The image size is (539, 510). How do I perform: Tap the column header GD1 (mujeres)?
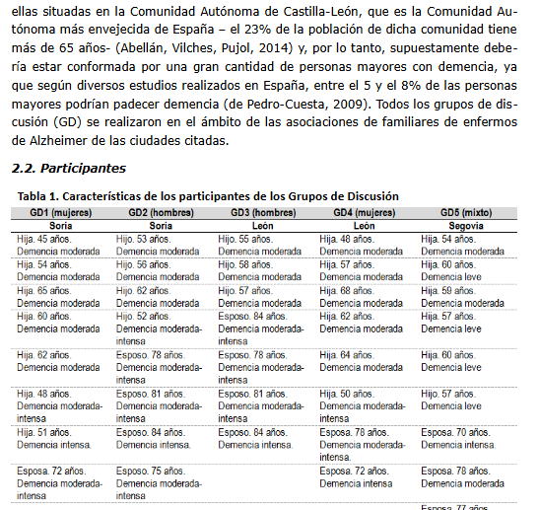point(61,212)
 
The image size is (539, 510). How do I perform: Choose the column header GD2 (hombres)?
point(161,212)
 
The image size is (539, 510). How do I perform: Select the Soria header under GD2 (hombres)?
point(161,226)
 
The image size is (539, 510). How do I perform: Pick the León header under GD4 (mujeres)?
point(365,226)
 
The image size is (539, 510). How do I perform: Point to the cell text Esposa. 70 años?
point(455,432)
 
